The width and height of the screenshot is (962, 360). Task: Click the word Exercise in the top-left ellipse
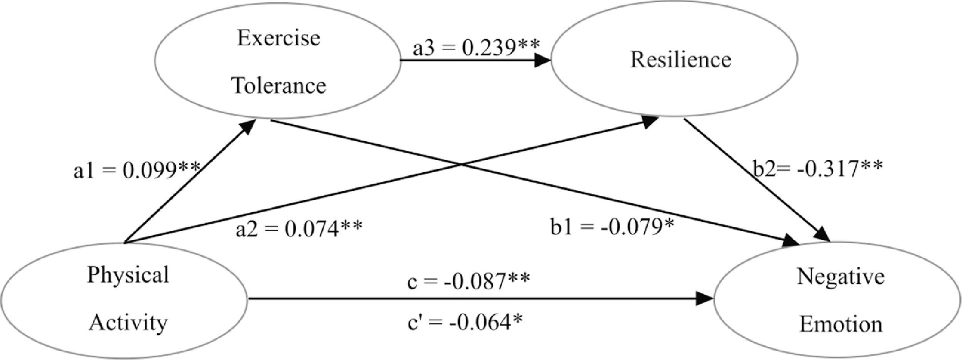(278, 38)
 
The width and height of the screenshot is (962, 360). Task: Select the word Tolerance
(279, 85)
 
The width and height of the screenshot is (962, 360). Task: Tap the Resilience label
(681, 60)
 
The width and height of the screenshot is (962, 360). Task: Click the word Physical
(128, 275)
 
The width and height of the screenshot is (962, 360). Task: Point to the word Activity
(128, 323)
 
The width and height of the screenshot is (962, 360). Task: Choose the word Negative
(840, 277)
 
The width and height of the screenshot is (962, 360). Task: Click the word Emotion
(841, 324)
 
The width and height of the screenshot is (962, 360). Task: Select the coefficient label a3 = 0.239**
(476, 48)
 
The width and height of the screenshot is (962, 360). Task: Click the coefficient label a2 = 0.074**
(299, 229)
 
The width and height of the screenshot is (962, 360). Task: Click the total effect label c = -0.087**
(468, 281)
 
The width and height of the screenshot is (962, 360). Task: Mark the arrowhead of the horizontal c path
(706, 298)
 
